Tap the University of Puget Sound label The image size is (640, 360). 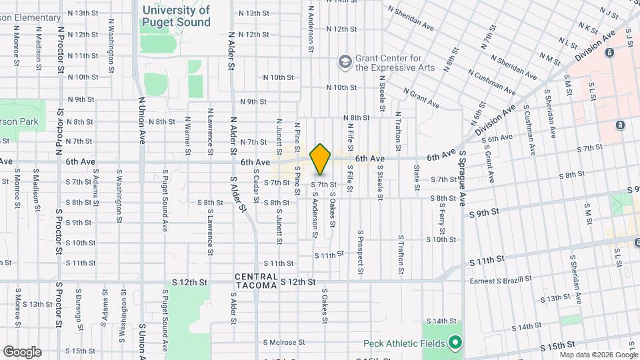click(176, 16)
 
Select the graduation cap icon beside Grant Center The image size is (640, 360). click(345, 62)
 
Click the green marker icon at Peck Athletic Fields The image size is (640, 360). click(456, 343)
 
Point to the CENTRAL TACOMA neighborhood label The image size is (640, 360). click(256, 281)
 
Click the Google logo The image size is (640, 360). click(22, 352)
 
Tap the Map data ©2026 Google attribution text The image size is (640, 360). click(599, 355)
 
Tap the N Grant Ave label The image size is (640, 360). click(421, 99)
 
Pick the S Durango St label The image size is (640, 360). click(79, 306)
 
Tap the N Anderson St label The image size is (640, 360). click(311, 29)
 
